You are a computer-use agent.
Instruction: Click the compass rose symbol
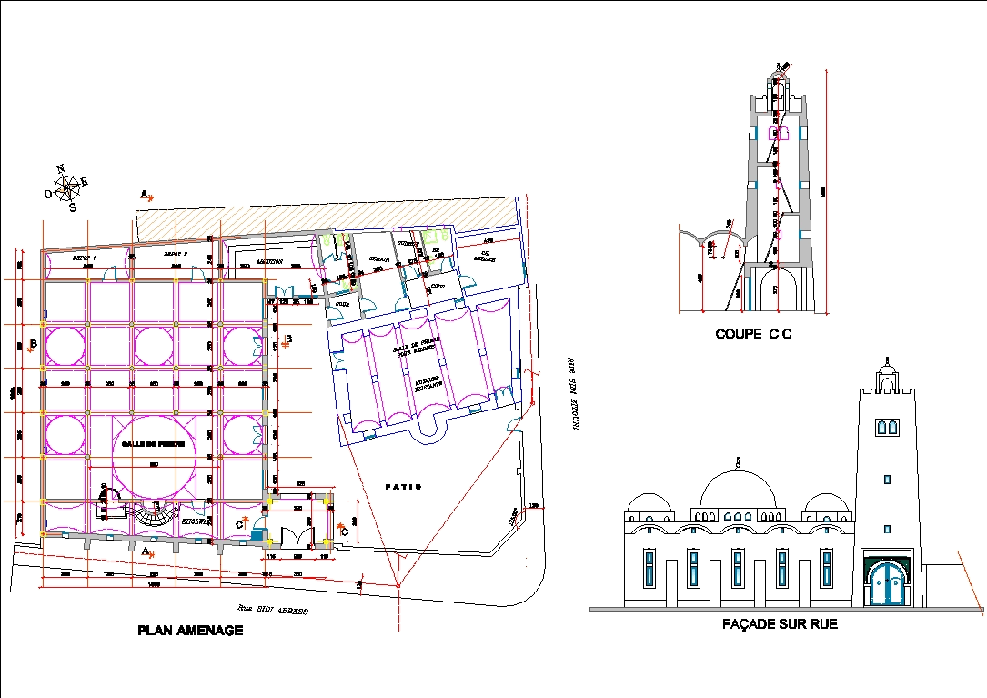(66, 187)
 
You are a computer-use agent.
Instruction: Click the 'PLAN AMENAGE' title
(190, 630)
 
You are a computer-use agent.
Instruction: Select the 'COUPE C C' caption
(753, 334)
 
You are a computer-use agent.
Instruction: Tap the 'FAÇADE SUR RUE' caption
(779, 624)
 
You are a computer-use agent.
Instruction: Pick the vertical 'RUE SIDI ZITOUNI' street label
(574, 392)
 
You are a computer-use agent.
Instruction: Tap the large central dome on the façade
(738, 492)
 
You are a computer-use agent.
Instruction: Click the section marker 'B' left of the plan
(32, 344)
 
